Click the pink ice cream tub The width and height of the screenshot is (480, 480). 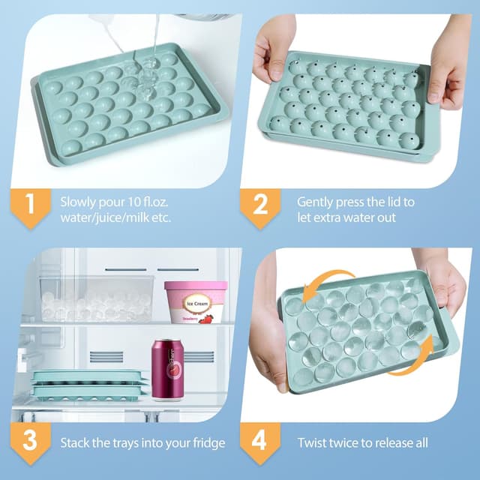(196, 301)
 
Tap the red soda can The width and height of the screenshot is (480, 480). (168, 368)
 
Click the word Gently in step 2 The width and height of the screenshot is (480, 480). (316, 202)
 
